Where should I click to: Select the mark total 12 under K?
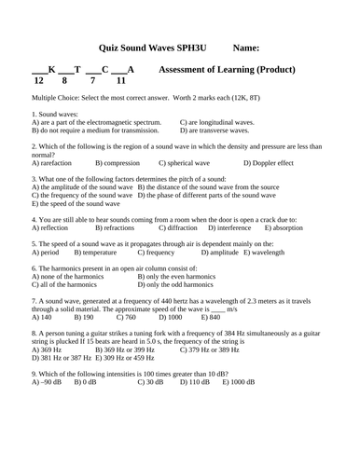(x=38, y=82)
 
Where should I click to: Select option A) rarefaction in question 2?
(x=53, y=163)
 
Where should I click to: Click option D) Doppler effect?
(x=268, y=163)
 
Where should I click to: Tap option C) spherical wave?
(x=187, y=163)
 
